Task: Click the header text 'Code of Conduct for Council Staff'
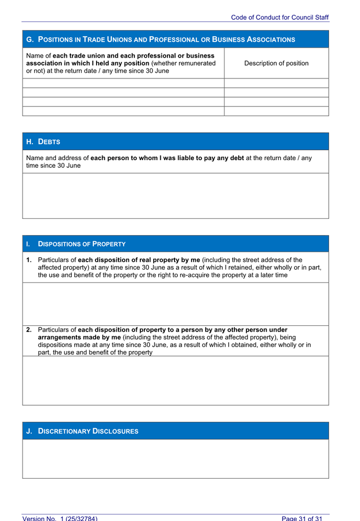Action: pos(279,18)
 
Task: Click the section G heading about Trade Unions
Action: pos(160,39)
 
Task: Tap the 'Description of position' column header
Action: pos(276,63)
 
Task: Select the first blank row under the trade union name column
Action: pos(123,83)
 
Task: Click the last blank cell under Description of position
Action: pos(276,111)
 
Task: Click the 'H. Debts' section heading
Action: pos(43,141)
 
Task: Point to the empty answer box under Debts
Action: pos(175,196)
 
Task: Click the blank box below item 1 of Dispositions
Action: pos(175,304)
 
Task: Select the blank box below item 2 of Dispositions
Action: pos(175,380)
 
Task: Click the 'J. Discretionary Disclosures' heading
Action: pos(82,431)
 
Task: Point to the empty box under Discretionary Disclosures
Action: pos(175,458)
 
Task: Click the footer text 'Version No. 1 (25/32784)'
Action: pos(60,518)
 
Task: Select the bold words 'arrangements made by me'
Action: pos(80,337)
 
